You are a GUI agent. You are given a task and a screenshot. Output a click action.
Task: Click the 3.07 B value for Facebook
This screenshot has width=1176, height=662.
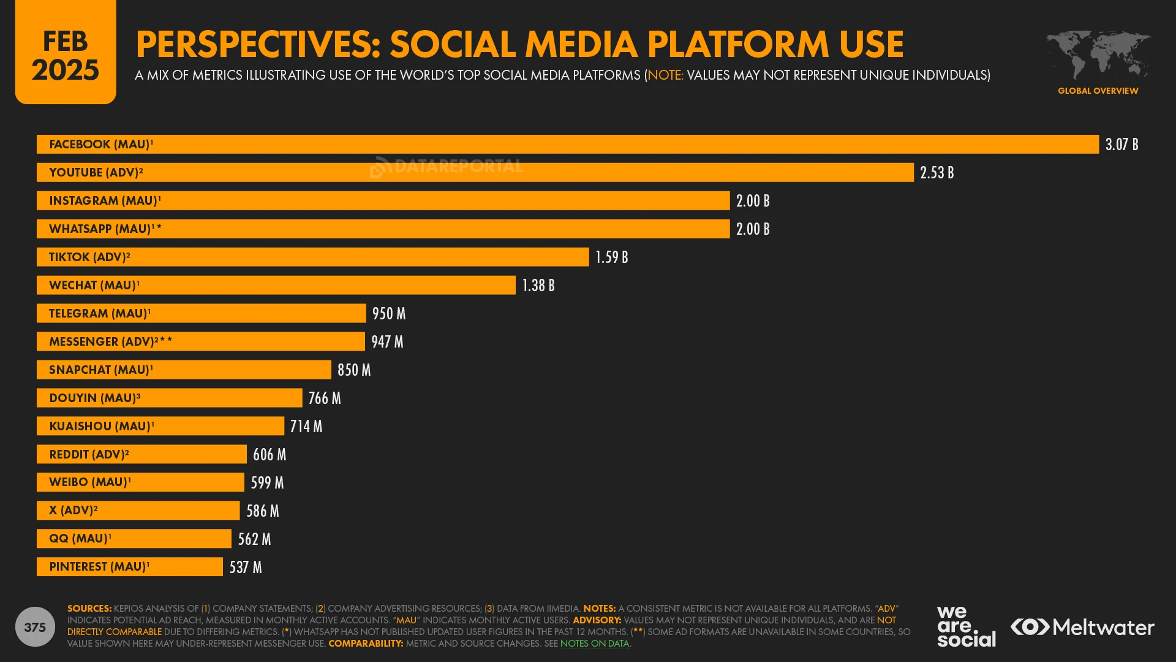pyautogui.click(x=1121, y=145)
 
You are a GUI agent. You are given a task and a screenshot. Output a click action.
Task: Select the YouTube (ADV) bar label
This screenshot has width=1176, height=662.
pyautogui.click(x=96, y=173)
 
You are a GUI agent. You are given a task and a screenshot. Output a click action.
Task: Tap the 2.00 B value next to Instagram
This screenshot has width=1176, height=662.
pyautogui.click(x=753, y=201)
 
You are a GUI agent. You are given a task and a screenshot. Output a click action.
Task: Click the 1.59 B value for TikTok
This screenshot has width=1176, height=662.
pyautogui.click(x=611, y=257)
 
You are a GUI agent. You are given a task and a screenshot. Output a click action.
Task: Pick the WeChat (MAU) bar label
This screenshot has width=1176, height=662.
pyautogui.click(x=94, y=286)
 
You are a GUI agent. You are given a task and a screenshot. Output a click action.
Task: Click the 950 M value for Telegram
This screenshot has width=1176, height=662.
pyautogui.click(x=389, y=314)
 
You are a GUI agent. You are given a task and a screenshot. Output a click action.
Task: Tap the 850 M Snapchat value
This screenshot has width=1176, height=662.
pyautogui.click(x=354, y=370)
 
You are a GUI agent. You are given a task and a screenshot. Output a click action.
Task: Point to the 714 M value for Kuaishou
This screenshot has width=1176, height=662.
pyautogui.click(x=306, y=427)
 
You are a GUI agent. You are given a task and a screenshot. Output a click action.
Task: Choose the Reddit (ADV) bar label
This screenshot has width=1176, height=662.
pyautogui.click(x=89, y=455)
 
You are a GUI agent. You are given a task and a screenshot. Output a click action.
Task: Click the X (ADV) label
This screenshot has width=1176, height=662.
pyautogui.click(x=73, y=511)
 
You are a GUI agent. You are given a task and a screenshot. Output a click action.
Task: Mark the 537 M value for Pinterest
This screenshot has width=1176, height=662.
pyautogui.click(x=246, y=568)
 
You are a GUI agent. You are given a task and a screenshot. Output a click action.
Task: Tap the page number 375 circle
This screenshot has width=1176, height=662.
pyautogui.click(x=35, y=627)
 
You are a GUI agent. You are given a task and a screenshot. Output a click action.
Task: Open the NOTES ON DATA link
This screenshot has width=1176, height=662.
pyautogui.click(x=594, y=644)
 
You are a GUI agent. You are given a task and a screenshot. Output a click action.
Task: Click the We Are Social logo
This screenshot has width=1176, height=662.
pyautogui.click(x=966, y=626)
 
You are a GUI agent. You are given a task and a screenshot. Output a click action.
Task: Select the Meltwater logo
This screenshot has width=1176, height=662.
pyautogui.click(x=1082, y=627)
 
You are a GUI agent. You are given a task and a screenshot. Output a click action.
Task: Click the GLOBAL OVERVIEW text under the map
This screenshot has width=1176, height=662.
pyautogui.click(x=1098, y=91)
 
